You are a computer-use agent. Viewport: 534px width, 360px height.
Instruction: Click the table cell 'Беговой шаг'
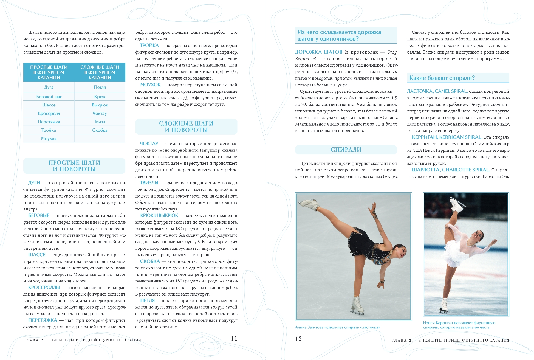(x=49, y=97)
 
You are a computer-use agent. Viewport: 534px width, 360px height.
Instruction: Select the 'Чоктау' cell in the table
(x=100, y=113)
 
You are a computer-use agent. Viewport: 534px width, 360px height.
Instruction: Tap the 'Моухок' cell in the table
(x=49, y=139)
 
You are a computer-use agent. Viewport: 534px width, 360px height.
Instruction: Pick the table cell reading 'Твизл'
(x=100, y=122)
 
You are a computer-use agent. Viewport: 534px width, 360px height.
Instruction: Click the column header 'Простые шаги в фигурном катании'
(x=49, y=72)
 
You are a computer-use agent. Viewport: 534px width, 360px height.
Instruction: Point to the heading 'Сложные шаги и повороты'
(x=186, y=126)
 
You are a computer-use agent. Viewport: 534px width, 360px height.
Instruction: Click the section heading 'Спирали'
(x=346, y=150)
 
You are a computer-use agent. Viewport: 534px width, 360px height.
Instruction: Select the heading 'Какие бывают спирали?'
(x=442, y=78)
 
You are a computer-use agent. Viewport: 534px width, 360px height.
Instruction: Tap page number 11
(x=234, y=338)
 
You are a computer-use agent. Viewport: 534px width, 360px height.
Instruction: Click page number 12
(x=298, y=339)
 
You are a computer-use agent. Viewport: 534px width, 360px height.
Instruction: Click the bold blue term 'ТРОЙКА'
(x=149, y=46)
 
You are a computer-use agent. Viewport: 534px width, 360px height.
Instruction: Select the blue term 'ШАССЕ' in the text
(x=37, y=255)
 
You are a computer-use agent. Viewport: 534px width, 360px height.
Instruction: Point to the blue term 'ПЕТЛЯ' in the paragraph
(x=147, y=301)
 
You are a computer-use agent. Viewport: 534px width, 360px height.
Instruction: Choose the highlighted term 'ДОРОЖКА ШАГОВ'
(x=319, y=52)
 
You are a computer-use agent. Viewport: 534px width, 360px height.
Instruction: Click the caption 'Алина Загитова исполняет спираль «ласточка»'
(x=337, y=327)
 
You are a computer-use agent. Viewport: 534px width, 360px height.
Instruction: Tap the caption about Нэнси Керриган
(x=459, y=325)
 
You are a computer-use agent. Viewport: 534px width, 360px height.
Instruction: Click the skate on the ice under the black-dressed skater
(x=357, y=306)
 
